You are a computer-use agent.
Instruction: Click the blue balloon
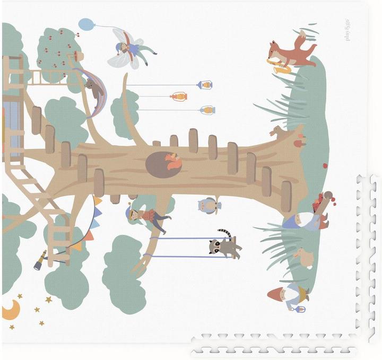(86, 24)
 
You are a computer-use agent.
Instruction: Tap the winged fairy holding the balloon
(129, 49)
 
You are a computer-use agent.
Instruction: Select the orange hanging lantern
(179, 96)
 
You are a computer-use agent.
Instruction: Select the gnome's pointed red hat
(276, 294)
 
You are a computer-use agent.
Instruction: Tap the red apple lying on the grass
(325, 165)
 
